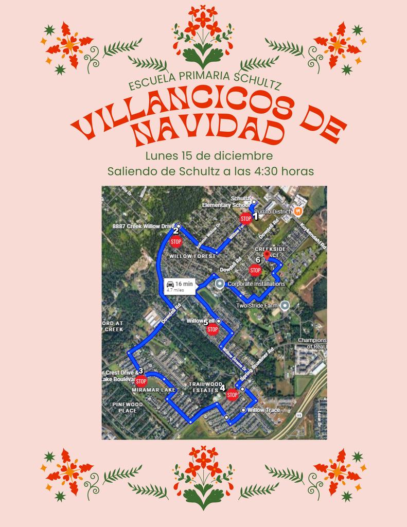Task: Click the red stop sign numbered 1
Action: [x=246, y=219]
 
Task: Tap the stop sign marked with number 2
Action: [x=176, y=241]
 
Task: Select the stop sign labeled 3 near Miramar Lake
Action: [x=141, y=381]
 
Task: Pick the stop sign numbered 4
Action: [x=232, y=395]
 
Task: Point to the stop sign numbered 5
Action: [x=213, y=329]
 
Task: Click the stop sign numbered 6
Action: [x=255, y=270]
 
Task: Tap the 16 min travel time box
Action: [x=179, y=286]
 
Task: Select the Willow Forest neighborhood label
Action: [x=192, y=256]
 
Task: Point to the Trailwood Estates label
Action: [x=205, y=387]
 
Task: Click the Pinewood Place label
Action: [x=127, y=408]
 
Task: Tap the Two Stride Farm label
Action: [x=256, y=306]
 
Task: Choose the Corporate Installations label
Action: [x=256, y=284]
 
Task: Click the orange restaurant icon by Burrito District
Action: [x=298, y=211]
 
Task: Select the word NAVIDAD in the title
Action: [x=208, y=131]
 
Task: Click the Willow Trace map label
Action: [x=263, y=410]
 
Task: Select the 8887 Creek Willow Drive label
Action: [x=144, y=226]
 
